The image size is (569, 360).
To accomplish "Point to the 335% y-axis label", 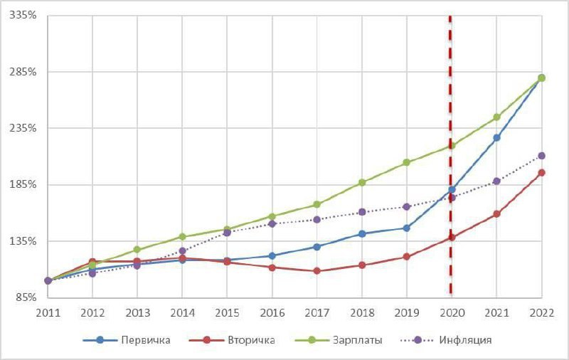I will [26, 15].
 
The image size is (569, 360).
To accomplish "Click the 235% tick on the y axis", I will [26, 128].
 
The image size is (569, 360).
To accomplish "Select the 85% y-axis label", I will [28, 297].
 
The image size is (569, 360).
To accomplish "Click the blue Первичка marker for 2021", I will [496, 137].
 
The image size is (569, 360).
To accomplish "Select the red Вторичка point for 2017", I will [317, 271].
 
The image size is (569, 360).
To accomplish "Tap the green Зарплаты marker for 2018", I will [362, 183].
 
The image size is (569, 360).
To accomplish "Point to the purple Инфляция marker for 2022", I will [541, 156].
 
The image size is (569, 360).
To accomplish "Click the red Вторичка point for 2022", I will [541, 172].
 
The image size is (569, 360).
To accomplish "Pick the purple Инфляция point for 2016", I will [272, 223].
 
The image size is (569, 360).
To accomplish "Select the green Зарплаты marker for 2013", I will [137, 250].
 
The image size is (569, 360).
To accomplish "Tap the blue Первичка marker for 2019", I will [407, 228].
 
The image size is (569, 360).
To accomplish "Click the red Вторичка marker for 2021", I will [496, 213].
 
